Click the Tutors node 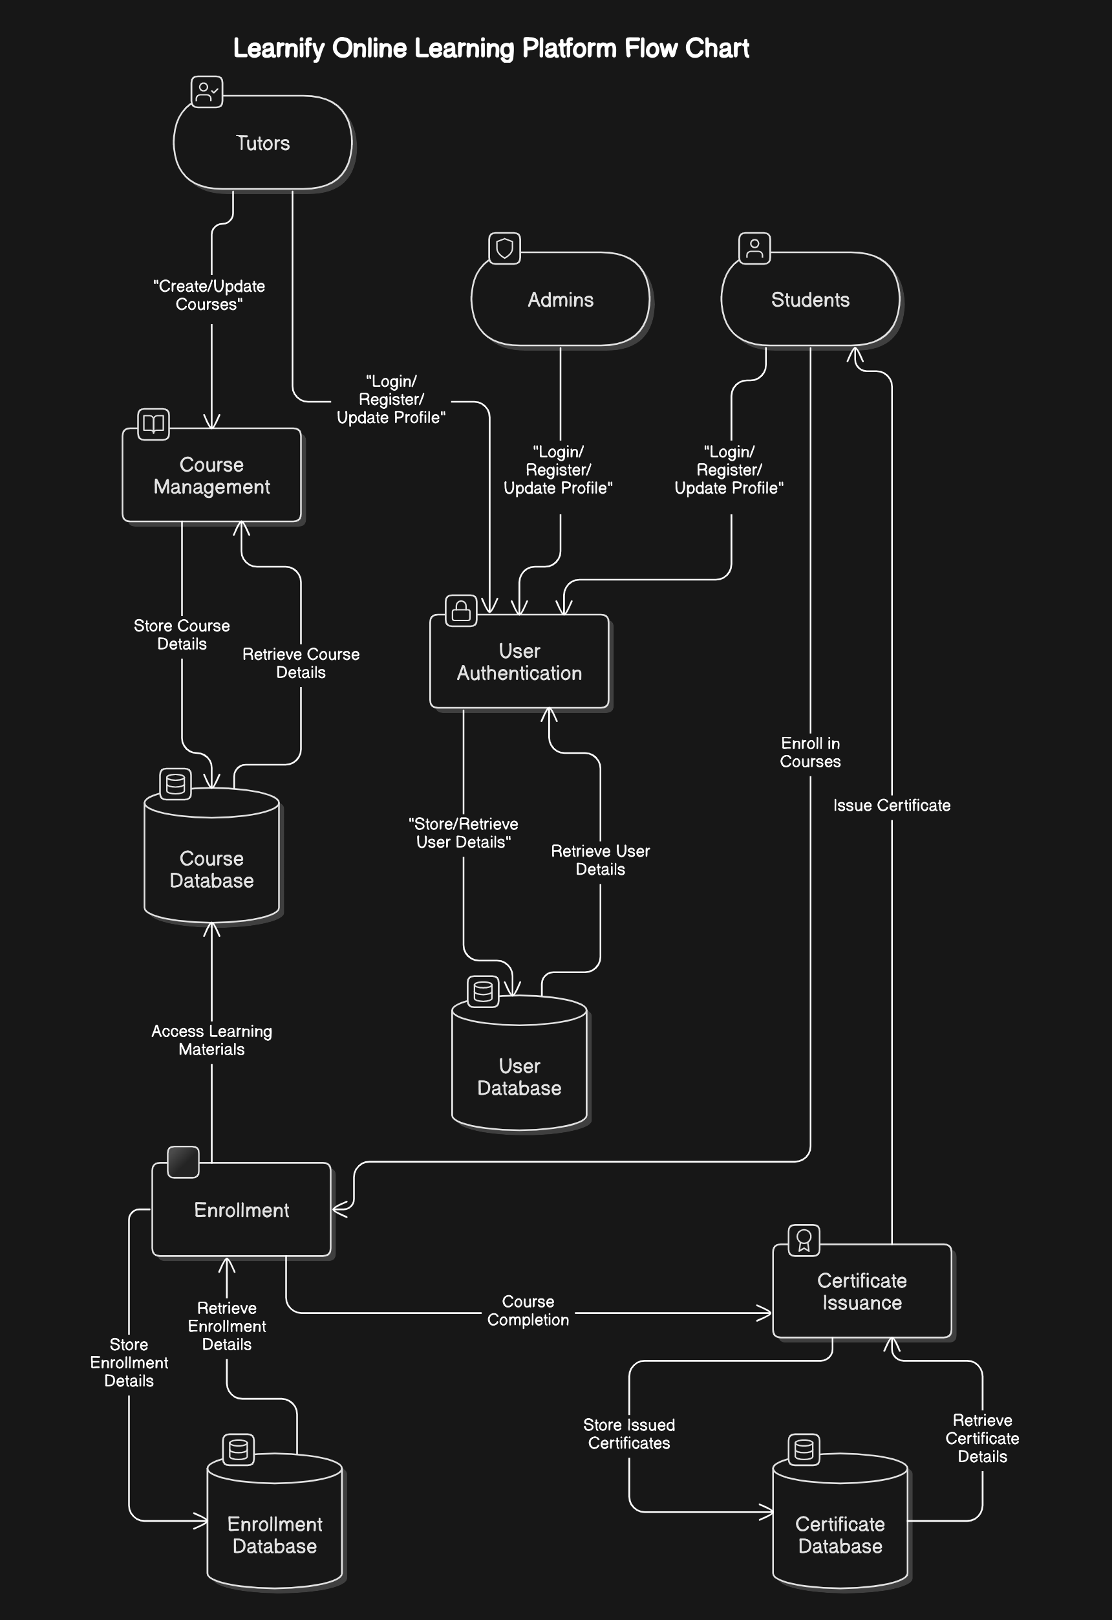click(262, 143)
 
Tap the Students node click(809, 300)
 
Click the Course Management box click(212, 476)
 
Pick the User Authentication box click(519, 662)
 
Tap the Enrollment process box click(241, 1210)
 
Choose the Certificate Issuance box click(862, 1292)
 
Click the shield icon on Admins click(504, 248)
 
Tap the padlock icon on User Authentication click(460, 611)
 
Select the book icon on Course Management click(153, 424)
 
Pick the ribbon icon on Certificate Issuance click(804, 1240)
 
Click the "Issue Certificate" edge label click(891, 805)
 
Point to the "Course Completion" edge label click(528, 1311)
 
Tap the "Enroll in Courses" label click(809, 752)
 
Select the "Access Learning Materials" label click(212, 1040)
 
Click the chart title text click(491, 48)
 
